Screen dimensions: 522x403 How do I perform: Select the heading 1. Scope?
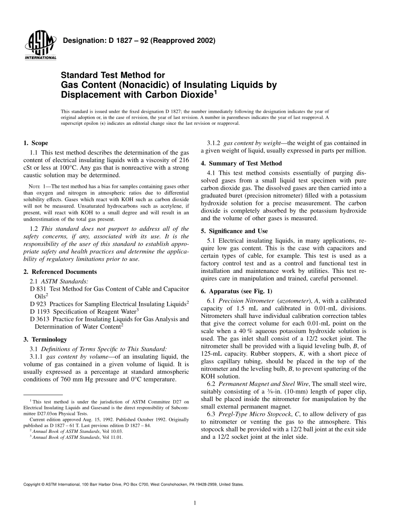[36, 143]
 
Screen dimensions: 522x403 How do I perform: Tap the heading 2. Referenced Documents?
[60, 272]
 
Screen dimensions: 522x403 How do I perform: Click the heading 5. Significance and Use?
[234, 231]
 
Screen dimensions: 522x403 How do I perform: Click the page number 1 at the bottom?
[194, 504]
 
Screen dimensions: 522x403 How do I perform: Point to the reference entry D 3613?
[41, 319]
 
